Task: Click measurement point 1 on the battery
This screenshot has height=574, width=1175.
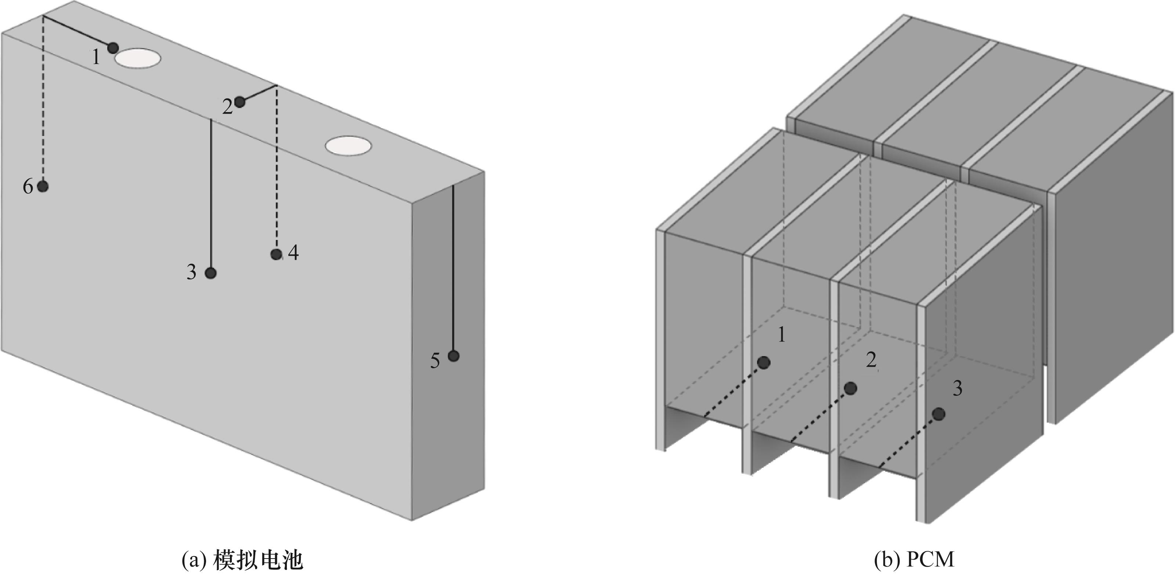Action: [x=113, y=47]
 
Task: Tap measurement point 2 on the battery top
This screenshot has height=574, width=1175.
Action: [x=239, y=102]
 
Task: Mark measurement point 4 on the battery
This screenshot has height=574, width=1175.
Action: [x=276, y=254]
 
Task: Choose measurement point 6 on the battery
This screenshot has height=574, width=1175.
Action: [x=43, y=186]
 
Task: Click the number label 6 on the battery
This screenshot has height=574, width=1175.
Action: [x=28, y=187]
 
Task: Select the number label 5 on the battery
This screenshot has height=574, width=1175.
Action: [x=435, y=361]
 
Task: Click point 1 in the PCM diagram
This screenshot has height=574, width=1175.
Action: [x=764, y=363]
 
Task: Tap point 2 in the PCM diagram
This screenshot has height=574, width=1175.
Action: [x=850, y=388]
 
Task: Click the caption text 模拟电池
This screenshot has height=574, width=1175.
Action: [x=258, y=560]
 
